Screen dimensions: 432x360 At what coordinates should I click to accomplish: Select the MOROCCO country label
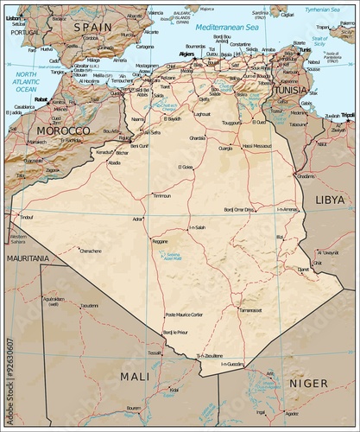point(61,130)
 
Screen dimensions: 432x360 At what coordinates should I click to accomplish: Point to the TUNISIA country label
point(290,90)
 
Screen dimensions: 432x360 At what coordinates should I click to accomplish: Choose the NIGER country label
point(307,382)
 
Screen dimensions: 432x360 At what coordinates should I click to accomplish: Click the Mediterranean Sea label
point(227,28)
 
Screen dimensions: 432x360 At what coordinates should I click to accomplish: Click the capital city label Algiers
point(187,53)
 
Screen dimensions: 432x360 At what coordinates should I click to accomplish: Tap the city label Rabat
point(40,98)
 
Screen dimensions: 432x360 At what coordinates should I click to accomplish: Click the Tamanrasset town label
point(250,309)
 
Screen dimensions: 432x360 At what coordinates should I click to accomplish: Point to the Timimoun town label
point(161,196)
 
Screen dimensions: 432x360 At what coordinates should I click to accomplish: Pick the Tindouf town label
point(26,217)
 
